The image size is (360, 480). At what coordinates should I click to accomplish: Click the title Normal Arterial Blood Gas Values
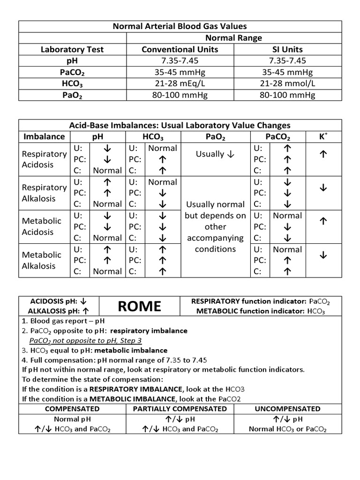[x=180, y=27]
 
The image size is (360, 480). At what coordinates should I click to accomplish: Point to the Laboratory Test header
[x=72, y=49]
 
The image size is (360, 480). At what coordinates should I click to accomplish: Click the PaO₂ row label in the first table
[x=72, y=95]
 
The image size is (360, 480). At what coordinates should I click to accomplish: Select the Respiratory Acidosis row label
[x=45, y=159]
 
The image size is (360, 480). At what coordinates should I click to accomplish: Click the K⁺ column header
[x=322, y=137]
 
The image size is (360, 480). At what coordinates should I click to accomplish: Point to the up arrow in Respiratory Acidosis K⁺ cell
[x=322, y=154]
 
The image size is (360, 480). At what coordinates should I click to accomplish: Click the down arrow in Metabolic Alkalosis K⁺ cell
[x=322, y=255]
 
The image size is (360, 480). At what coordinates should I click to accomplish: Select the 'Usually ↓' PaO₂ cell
[x=216, y=154]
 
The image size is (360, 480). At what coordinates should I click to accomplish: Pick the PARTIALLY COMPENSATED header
[x=180, y=409]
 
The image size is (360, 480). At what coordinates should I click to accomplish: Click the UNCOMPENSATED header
[x=287, y=409]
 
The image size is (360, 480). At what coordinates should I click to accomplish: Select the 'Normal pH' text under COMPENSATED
[x=72, y=419]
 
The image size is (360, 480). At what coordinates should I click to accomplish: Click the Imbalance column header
[x=45, y=137]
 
